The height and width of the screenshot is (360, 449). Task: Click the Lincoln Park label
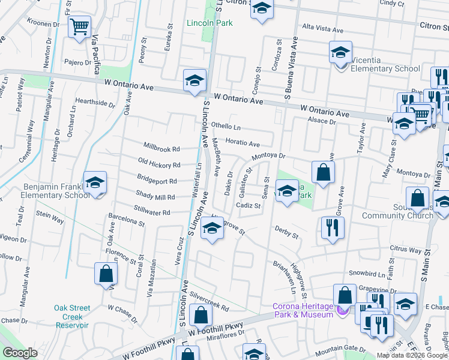click(x=209, y=24)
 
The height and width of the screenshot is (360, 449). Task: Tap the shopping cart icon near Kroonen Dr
click(x=79, y=27)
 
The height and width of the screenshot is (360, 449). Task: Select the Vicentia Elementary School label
click(x=385, y=68)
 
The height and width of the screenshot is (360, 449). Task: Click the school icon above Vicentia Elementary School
click(x=340, y=52)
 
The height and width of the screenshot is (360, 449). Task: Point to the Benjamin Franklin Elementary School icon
click(x=95, y=182)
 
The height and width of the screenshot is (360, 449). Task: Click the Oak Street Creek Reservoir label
click(x=72, y=316)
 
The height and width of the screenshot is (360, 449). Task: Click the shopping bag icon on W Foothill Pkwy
click(x=200, y=315)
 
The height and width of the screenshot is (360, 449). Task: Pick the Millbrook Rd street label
click(x=161, y=148)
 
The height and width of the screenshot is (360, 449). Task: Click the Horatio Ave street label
click(x=243, y=143)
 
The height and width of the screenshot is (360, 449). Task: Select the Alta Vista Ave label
click(x=322, y=29)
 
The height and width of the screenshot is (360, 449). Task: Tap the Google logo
click(x=20, y=353)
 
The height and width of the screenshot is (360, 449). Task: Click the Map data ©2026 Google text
click(x=412, y=355)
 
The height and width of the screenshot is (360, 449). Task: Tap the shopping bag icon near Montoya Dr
click(x=323, y=172)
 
